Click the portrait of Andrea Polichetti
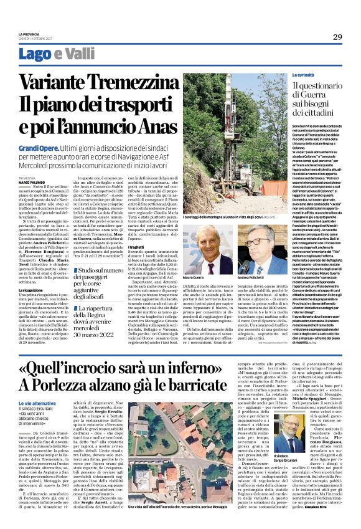click(258, 249)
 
